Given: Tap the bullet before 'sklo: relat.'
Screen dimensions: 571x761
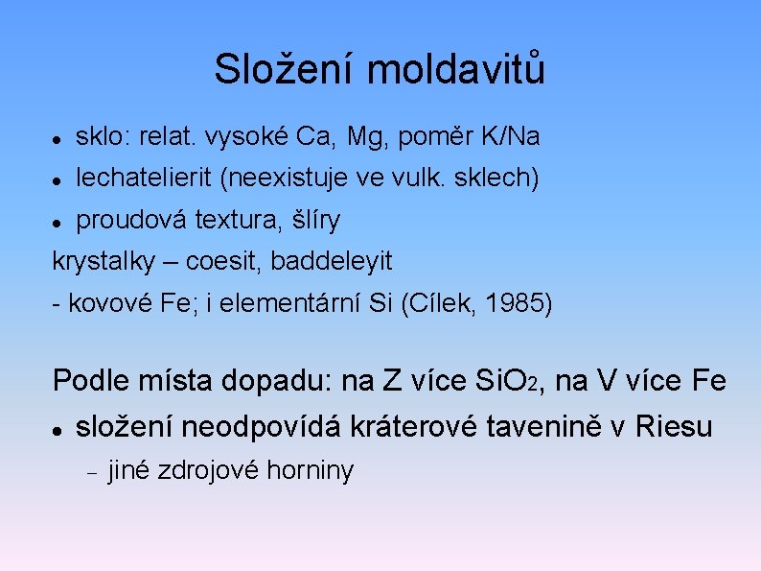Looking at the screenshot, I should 58,139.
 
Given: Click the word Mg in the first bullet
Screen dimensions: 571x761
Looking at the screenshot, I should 364,137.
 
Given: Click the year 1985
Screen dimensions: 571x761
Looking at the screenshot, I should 517,304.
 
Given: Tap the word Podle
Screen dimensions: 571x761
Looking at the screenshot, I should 91,381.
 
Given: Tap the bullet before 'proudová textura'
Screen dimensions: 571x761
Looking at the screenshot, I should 58,222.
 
